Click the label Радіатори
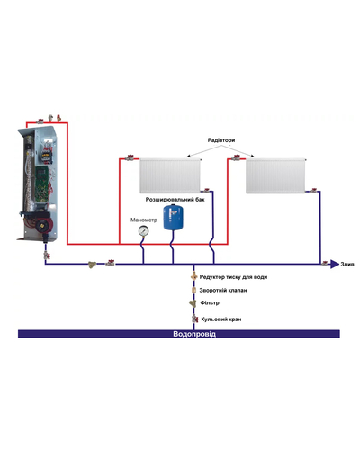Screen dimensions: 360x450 tap(221, 140)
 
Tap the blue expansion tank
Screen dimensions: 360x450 tap(173, 217)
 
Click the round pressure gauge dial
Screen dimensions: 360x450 tap(143, 230)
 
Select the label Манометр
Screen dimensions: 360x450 tap(144, 220)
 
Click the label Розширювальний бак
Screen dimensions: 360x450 tap(175, 200)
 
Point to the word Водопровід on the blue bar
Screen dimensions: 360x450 tap(194, 334)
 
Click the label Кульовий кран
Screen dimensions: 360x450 tap(221, 319)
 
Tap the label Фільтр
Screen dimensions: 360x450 tap(210, 302)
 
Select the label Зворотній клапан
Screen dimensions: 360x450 tap(223, 290)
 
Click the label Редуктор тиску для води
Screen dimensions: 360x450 tap(233, 277)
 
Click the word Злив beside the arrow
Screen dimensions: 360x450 tap(347, 265)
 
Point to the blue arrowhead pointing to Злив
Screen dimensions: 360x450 tap(335, 265)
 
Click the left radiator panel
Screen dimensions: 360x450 tap(170, 175)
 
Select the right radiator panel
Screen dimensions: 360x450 tap(275, 175)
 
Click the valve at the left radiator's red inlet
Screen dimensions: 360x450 tap(130, 157)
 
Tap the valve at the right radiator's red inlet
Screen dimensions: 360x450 tap(237, 157)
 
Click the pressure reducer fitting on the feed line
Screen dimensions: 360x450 tap(194, 276)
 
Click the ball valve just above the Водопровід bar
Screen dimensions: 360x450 tap(194, 319)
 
